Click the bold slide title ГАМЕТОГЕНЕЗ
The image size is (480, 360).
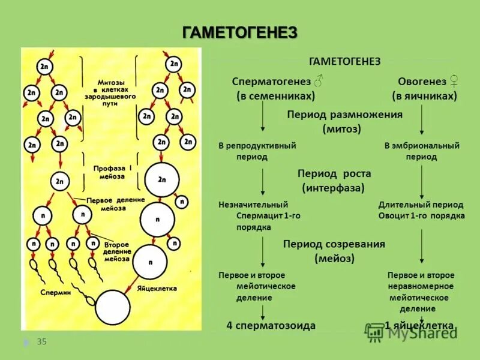[239, 33]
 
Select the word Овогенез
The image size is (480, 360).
[422, 81]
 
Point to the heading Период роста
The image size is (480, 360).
[334, 173]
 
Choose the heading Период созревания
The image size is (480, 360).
[334, 244]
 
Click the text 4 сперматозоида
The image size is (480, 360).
[271, 325]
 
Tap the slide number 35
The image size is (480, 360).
[42, 342]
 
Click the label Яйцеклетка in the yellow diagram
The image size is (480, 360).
[155, 289]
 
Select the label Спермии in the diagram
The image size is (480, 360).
[56, 293]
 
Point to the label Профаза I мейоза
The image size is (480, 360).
[109, 172]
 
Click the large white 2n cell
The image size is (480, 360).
[161, 179]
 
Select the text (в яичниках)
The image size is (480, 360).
[425, 96]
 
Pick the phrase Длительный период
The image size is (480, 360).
[421, 205]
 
